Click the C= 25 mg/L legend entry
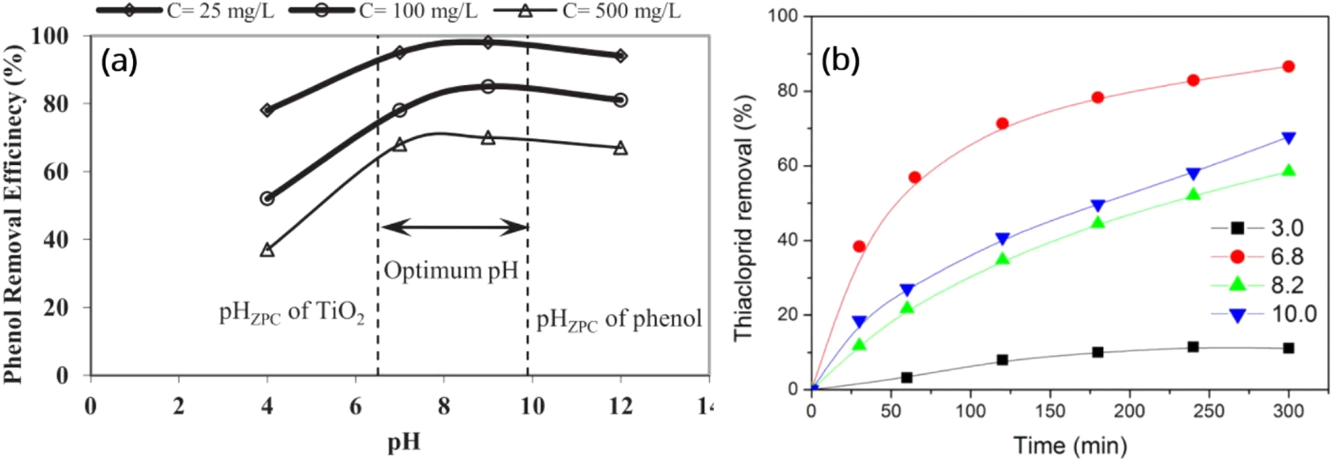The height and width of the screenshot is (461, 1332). [x=187, y=11]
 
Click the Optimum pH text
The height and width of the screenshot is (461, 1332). [x=451, y=270]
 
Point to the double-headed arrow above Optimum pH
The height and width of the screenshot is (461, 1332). [x=454, y=227]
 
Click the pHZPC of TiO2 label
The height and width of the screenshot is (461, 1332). [x=291, y=314]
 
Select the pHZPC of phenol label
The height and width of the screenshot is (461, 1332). [x=619, y=319]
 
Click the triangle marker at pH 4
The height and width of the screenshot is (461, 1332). [x=267, y=250]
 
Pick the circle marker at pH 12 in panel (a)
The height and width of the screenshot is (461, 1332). [x=620, y=100]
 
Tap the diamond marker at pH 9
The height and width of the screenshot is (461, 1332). [x=488, y=42]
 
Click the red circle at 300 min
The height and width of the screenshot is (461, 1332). [x=1288, y=66]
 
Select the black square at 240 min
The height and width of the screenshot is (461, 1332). [x=1192, y=347]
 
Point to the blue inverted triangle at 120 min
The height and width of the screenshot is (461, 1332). [x=1002, y=239]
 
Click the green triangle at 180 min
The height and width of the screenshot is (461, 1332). [x=1098, y=223]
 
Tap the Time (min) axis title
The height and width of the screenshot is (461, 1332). [x=1070, y=445]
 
